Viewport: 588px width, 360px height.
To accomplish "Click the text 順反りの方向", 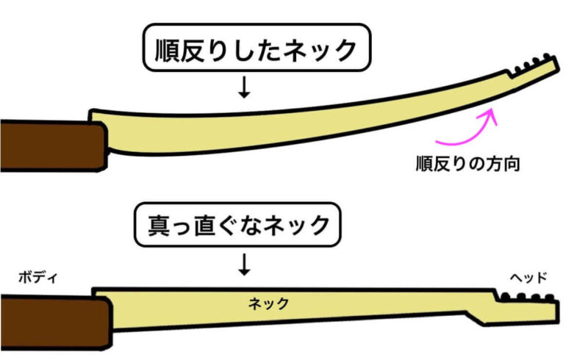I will tap(467, 164).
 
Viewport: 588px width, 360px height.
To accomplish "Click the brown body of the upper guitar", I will tap(48, 146).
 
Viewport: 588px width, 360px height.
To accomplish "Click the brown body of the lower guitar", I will tap(51, 319).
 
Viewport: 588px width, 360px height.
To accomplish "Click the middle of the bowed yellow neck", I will tap(294, 125).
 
